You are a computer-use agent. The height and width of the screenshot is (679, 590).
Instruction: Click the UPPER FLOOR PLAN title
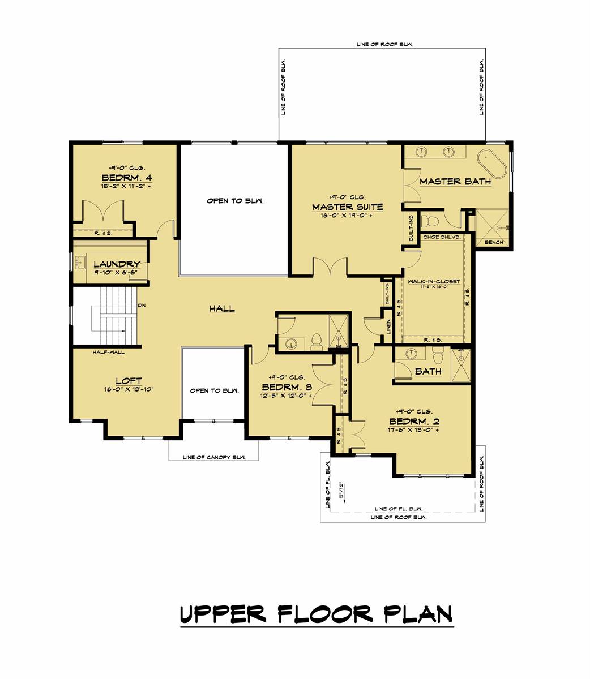[317, 613]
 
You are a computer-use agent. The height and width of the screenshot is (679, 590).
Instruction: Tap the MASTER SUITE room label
[347, 207]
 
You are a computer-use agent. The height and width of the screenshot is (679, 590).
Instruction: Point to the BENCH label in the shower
[494, 242]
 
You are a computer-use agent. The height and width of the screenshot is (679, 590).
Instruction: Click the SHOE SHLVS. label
[442, 237]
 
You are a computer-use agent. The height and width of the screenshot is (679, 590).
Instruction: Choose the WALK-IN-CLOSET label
[431, 281]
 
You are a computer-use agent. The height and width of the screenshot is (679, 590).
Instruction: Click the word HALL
[222, 308]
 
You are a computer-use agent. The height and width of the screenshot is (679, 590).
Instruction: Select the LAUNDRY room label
[117, 264]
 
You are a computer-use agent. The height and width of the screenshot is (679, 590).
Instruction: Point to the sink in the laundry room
[80, 263]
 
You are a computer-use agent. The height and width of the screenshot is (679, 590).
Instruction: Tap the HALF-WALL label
[109, 352]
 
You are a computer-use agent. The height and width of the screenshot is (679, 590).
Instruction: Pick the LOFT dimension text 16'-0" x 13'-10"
[129, 389]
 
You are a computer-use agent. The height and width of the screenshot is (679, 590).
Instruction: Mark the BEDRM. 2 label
[414, 422]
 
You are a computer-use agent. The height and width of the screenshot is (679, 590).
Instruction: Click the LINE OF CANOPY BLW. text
[214, 458]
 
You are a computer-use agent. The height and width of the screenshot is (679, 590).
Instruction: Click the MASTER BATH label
[455, 182]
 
